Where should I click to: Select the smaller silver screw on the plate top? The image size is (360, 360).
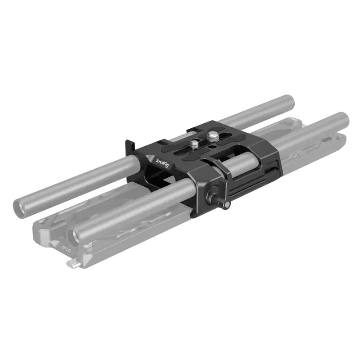[194, 144]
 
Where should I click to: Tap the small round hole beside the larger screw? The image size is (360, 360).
[211, 146]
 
